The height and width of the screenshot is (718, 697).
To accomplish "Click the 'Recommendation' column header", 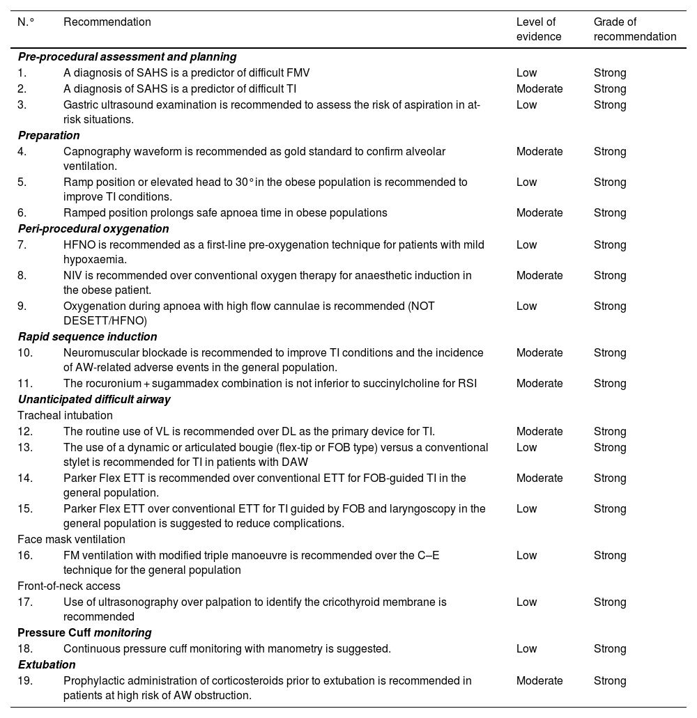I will tap(107, 22).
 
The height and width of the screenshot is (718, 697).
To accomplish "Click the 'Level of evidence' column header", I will tap(539, 29).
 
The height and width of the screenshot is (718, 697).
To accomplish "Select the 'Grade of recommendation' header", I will tap(634, 29).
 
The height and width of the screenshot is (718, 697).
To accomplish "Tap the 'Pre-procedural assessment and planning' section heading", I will tap(127, 57).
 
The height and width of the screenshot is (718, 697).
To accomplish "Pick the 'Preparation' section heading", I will tap(49, 136).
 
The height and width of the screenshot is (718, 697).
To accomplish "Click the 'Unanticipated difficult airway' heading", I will tap(94, 400).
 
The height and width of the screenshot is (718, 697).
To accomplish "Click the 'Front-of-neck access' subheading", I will tap(69, 586).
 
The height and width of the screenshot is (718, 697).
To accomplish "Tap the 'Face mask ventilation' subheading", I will tap(71, 540).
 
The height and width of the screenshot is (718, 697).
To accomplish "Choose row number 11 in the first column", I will tap(26, 384).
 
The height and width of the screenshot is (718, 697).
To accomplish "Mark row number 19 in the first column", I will tap(26, 681).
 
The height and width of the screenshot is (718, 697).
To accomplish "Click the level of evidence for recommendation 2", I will tap(539, 89).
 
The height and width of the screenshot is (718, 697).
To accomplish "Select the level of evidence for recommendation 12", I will tap(539, 432).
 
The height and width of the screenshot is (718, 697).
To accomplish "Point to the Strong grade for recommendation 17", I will tap(610, 602).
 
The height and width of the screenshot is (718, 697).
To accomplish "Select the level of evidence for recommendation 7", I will tap(526, 245).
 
